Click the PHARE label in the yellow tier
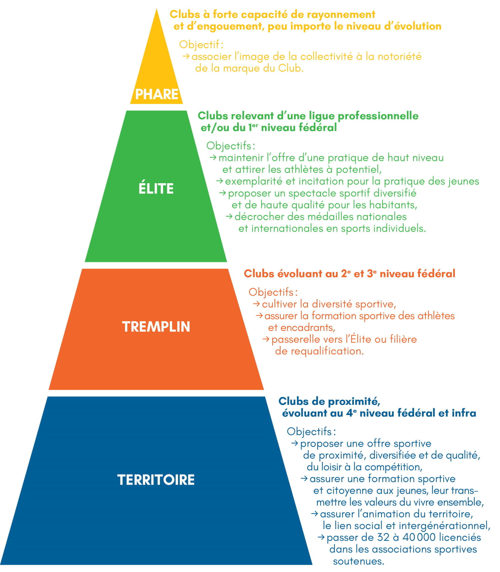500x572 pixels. pos(157,94)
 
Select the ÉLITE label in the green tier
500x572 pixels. pos(156,189)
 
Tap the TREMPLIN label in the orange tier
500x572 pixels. pos(156,327)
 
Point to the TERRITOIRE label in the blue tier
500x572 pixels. pos(156,480)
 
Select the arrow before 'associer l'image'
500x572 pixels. pos(186,56)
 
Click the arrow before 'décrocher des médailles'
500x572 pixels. pos(229,216)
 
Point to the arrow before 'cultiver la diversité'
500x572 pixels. pos(256,304)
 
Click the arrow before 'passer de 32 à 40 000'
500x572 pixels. pos(321,537)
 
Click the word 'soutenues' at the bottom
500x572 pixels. pos(358,561)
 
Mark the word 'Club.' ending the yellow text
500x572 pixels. pos(291,68)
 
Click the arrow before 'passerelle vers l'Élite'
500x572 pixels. pos(266,339)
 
